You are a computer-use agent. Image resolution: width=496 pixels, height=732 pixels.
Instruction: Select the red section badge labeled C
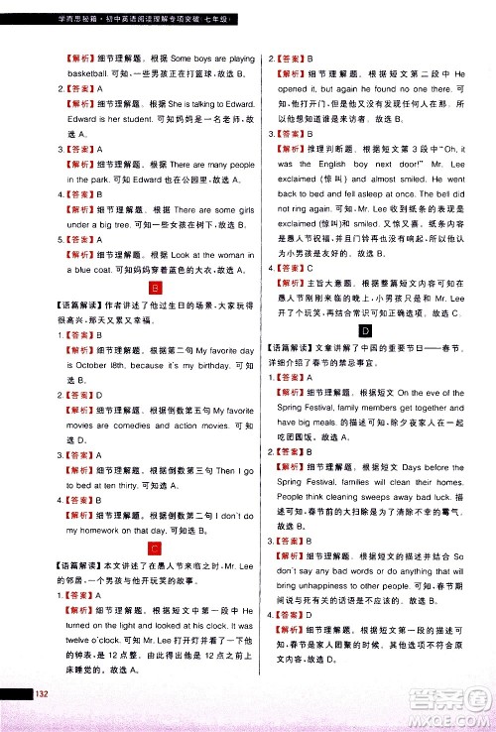[155, 548]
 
